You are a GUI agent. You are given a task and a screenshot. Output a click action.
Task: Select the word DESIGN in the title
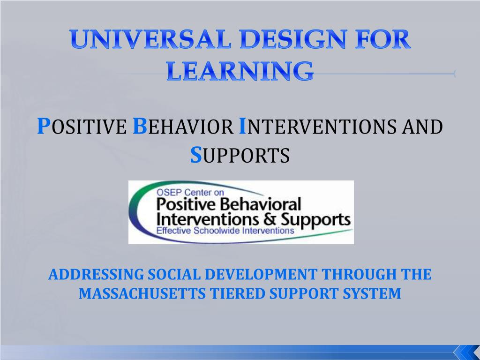click(293, 39)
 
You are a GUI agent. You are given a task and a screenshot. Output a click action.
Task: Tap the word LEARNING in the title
click(240, 71)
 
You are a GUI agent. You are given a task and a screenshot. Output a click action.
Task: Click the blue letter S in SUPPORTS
click(196, 155)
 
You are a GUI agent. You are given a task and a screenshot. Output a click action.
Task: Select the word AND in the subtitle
click(422, 127)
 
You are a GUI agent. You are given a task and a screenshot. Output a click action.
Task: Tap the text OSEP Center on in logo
click(190, 192)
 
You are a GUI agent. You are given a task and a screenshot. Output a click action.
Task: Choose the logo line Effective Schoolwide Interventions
click(225, 230)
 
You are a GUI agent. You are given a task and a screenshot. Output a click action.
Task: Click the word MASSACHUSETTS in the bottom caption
click(142, 293)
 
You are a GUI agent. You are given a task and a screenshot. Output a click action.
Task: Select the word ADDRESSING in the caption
click(96, 274)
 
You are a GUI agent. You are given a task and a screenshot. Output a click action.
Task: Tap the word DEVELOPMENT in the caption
click(261, 274)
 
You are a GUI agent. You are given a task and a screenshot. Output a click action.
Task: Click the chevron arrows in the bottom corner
click(466, 352)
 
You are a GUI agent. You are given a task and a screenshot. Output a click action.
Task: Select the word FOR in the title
click(383, 39)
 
